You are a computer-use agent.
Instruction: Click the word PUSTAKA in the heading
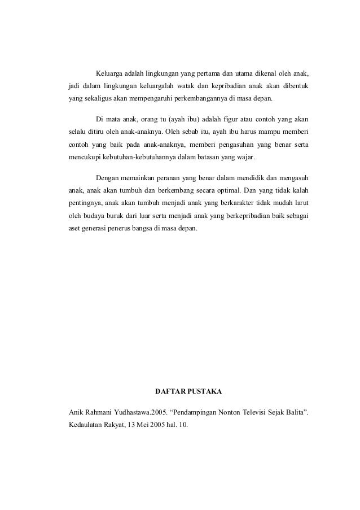coord(208,391)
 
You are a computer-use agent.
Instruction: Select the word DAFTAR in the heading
coord(170,391)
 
